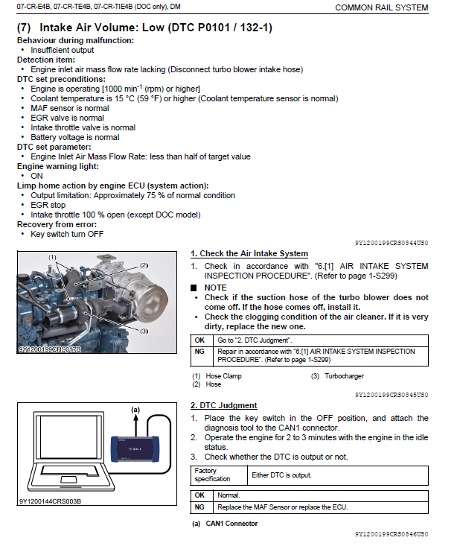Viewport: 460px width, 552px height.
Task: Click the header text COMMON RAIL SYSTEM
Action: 381,7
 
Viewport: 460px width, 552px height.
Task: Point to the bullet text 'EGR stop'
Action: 48,205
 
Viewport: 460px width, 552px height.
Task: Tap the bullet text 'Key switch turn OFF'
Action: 67,234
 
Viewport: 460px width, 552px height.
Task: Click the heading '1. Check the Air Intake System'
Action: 249,254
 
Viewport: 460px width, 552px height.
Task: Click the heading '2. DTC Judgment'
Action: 223,405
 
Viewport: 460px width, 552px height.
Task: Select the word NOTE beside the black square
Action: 216,287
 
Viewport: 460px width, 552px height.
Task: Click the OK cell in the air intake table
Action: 199,340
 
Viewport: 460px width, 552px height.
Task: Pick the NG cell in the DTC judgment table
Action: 199,507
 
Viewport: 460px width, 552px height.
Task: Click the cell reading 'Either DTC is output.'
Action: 282,475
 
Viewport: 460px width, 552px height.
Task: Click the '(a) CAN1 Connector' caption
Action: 225,524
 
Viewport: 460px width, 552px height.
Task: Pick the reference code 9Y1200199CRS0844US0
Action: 392,243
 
